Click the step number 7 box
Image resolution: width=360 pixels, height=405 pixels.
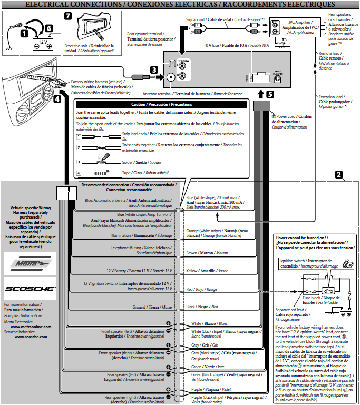click(x=68, y=16)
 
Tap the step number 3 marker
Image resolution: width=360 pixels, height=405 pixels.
click(x=154, y=70)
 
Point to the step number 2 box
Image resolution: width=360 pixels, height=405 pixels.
click(x=339, y=174)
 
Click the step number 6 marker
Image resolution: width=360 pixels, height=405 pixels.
click(x=48, y=28)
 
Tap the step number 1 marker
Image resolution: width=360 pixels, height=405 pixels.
click(x=24, y=33)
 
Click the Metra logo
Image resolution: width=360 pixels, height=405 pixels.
click(x=30, y=262)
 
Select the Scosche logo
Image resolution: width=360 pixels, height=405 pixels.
click(x=30, y=288)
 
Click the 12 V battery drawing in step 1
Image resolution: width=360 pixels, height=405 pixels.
click(x=42, y=43)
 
